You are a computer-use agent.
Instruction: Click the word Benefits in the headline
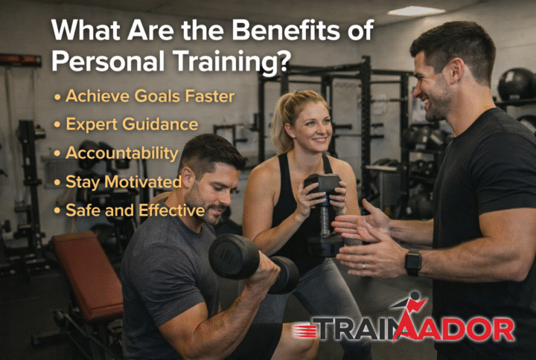coord(275,32)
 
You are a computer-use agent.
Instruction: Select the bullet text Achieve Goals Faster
coord(149,96)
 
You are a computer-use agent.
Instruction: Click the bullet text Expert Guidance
coord(131,124)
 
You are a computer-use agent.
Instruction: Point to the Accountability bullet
coord(121,153)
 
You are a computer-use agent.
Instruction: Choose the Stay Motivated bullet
coord(123,181)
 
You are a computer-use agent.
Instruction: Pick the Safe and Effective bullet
coord(135,210)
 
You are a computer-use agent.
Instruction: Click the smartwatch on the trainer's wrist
coord(412,262)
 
